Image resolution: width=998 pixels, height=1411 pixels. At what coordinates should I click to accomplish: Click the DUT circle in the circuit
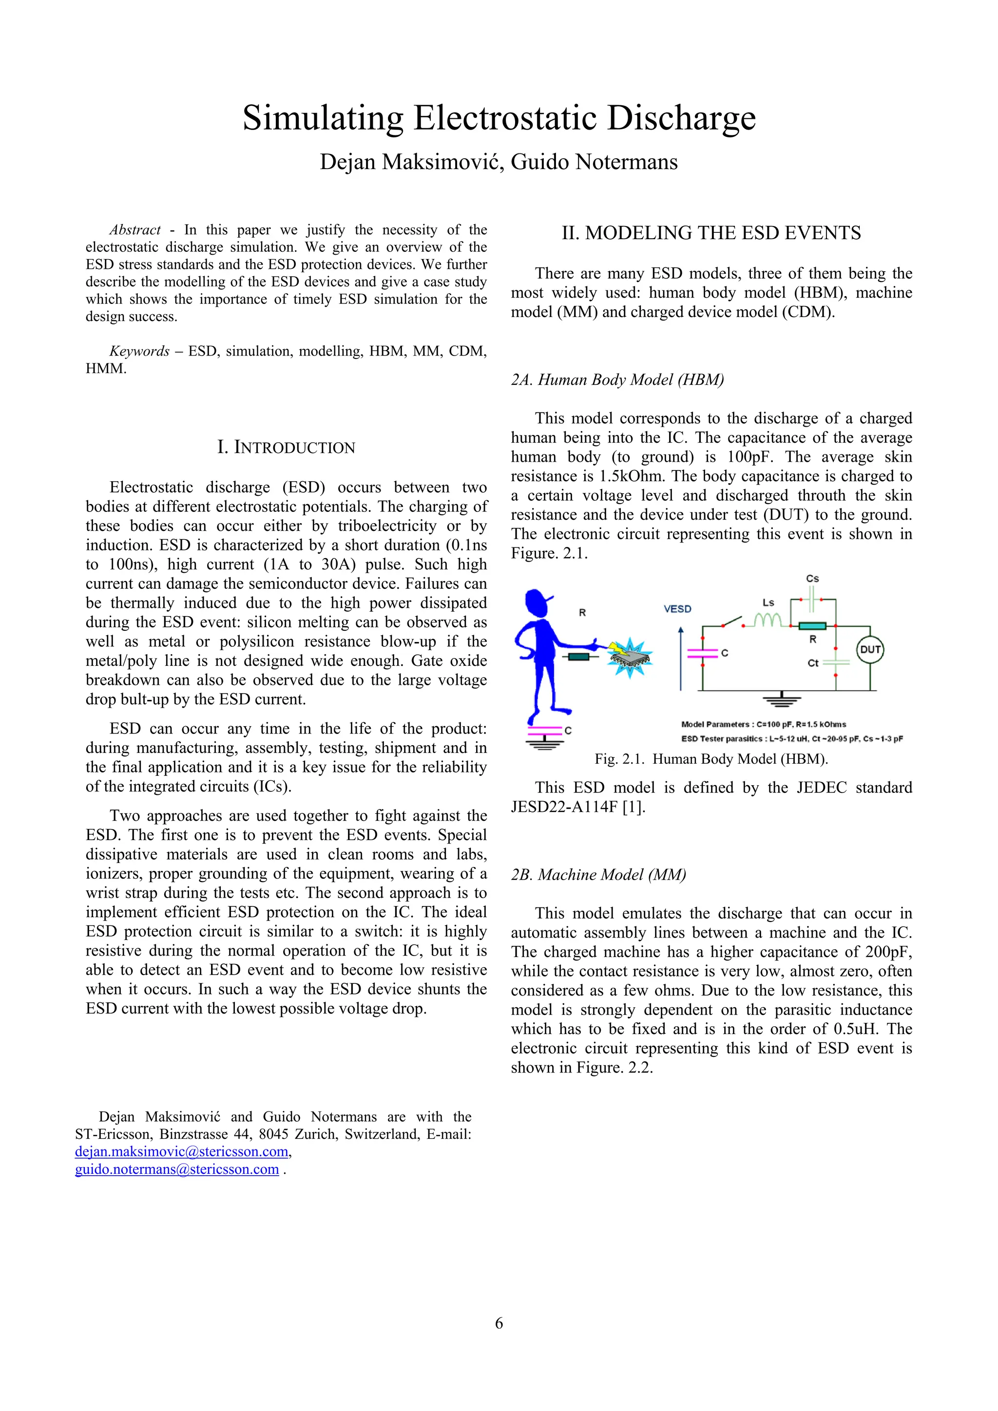tap(869, 650)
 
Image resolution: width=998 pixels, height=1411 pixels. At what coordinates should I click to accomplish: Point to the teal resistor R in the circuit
tap(812, 625)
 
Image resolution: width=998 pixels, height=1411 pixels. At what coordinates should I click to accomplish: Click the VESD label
tap(677, 609)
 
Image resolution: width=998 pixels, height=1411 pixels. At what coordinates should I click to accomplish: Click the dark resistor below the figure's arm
tap(578, 657)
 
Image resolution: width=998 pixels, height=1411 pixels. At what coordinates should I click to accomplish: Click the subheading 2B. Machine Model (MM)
tap(598, 874)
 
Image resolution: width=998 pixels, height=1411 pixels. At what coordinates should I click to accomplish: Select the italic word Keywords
tap(139, 351)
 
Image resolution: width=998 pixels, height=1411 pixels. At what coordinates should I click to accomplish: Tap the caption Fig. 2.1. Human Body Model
tap(711, 759)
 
